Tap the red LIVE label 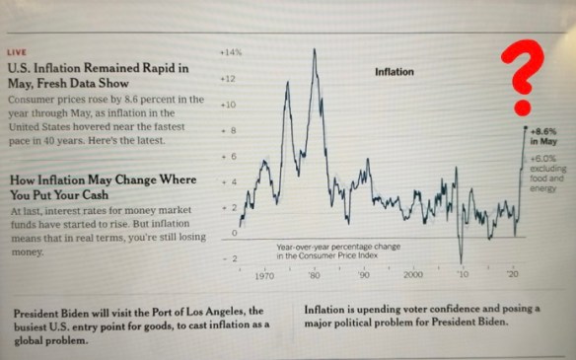pos(17,53)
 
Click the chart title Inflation pos(395,72)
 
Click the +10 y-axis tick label pos(227,103)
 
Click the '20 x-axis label pos(513,273)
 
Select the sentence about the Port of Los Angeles pos(141,324)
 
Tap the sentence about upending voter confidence pos(422,317)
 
